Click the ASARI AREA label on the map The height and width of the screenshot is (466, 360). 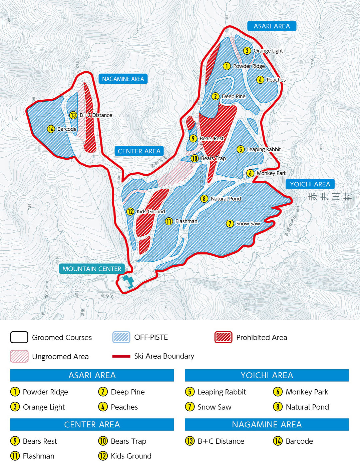pyautogui.click(x=272, y=26)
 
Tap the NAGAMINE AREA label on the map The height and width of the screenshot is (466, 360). pyautogui.click(x=123, y=79)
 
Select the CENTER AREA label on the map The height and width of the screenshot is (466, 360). pyautogui.click(x=139, y=151)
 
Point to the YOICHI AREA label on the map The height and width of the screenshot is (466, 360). pyautogui.click(x=310, y=184)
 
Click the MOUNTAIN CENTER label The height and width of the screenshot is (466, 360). pyautogui.click(x=92, y=269)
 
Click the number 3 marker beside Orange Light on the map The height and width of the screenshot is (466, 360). pyautogui.click(x=247, y=51)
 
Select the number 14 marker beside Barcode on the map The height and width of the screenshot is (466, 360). pyautogui.click(x=51, y=129)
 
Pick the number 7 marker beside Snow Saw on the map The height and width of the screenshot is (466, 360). pyautogui.click(x=230, y=224)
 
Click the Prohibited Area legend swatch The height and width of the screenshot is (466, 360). pyautogui.click(x=223, y=337)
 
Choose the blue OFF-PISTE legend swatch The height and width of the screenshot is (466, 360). pyautogui.click(x=121, y=337)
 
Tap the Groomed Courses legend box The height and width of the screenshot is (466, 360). pyautogui.click(x=19, y=337)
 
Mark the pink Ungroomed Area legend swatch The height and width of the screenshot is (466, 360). pyautogui.click(x=19, y=356)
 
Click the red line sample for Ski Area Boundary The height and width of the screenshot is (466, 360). pyautogui.click(x=121, y=356)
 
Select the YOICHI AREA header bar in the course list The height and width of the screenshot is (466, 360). pyautogui.click(x=267, y=375)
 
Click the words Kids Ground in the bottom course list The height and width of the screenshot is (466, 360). pyautogui.click(x=131, y=456)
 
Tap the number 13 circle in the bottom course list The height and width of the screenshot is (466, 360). pyautogui.click(x=190, y=441)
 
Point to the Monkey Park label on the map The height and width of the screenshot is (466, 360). pyautogui.click(x=271, y=173)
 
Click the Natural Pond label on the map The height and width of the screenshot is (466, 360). pyautogui.click(x=226, y=199)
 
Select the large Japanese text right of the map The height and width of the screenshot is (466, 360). pyautogui.click(x=330, y=197)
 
